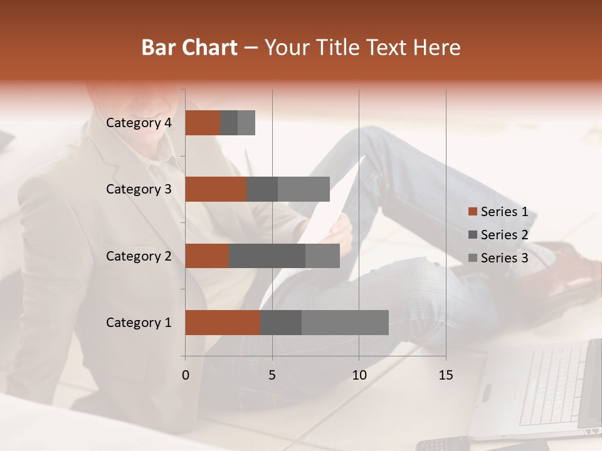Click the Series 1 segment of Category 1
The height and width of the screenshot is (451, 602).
(223, 323)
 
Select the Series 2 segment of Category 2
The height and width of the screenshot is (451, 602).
(267, 256)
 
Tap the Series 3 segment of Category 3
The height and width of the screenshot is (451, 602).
(304, 189)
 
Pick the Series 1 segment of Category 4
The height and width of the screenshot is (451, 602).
(203, 123)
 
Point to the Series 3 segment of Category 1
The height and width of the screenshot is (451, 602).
(345, 323)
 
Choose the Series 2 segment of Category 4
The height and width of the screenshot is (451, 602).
(229, 123)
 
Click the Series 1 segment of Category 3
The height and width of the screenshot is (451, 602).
(216, 189)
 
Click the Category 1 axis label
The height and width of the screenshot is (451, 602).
(139, 323)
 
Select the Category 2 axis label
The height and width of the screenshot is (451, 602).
(139, 256)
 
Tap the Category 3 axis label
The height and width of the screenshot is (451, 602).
(139, 189)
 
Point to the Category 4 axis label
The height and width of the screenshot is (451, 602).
(139, 123)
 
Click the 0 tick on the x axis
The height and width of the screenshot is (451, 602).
(186, 375)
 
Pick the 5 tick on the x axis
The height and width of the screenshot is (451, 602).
(272, 375)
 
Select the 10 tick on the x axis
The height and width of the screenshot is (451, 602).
(359, 375)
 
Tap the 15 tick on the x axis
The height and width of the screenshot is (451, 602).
(446, 375)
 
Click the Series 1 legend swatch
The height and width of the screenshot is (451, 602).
(472, 212)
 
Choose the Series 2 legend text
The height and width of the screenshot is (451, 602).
(504, 235)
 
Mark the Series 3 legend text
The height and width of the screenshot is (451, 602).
(504, 258)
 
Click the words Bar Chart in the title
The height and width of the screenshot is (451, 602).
(189, 48)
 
